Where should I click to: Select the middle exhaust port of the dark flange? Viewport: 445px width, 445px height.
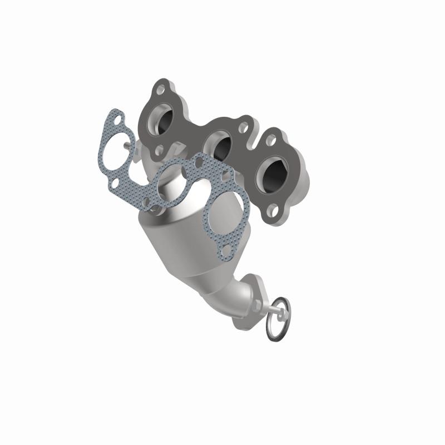(x=220, y=146)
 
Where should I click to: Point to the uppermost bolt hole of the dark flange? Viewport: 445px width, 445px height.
(x=161, y=88)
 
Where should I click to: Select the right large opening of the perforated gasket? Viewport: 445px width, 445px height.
(x=222, y=215)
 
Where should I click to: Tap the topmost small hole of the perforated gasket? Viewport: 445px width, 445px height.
(x=117, y=117)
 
